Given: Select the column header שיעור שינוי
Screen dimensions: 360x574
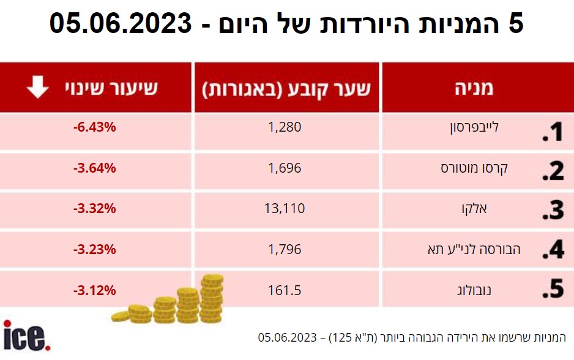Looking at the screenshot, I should tap(112, 88).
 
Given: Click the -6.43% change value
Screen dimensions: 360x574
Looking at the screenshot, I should tap(95, 127).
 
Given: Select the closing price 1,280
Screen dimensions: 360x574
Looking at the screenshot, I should tap(285, 127).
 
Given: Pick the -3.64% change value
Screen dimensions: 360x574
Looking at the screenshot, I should tap(95, 168).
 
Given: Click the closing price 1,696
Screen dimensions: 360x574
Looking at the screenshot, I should tap(285, 168).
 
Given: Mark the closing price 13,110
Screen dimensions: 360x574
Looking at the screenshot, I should tap(285, 208).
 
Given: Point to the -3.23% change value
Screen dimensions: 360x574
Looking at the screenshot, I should tap(95, 249).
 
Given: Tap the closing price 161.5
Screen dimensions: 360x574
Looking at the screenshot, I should tap(285, 290).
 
